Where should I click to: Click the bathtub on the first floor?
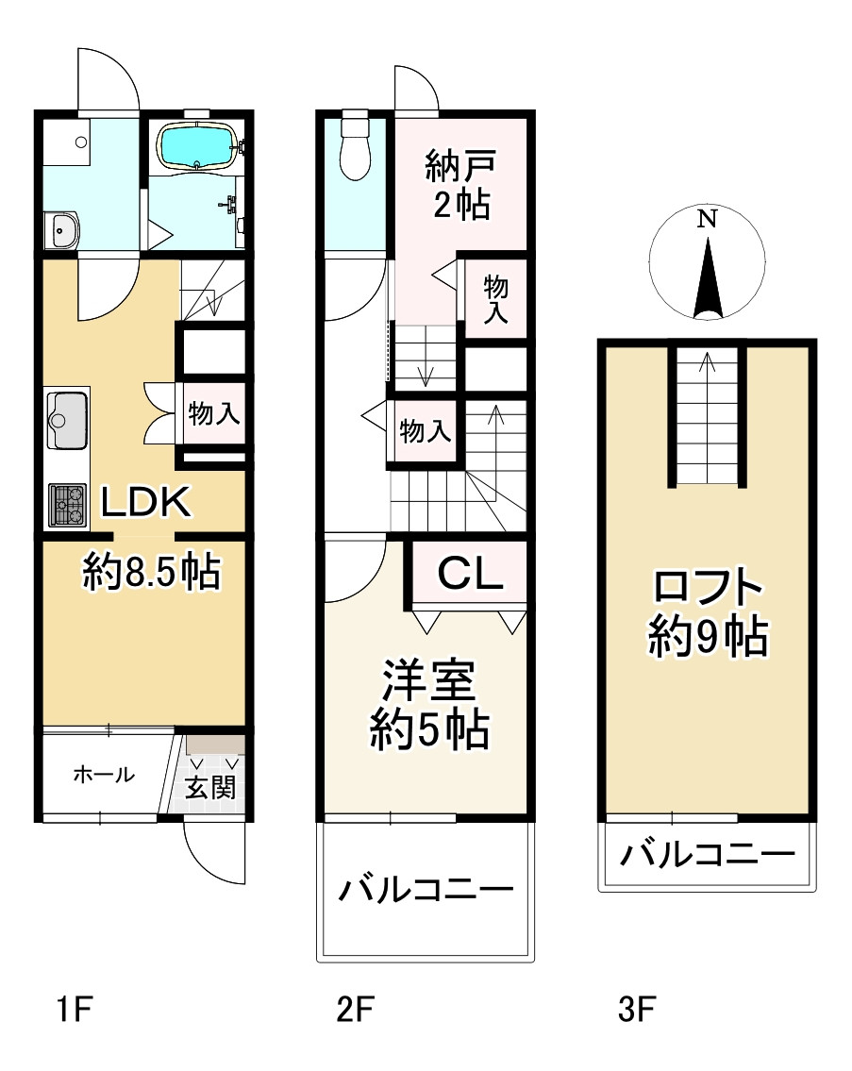[x=197, y=146]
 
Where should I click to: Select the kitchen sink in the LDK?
[x=67, y=421]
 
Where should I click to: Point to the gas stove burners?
[x=68, y=504]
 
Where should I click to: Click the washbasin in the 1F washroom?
[x=63, y=227]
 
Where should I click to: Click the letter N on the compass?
[x=707, y=220]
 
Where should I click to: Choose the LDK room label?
[x=146, y=502]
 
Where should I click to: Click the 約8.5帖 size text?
[x=151, y=571]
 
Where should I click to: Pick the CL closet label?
[x=468, y=574]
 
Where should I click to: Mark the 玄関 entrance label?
[x=209, y=787]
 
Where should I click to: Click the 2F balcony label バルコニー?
[x=426, y=889]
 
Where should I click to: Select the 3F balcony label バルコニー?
[x=707, y=856]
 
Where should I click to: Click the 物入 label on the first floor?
[x=214, y=413]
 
